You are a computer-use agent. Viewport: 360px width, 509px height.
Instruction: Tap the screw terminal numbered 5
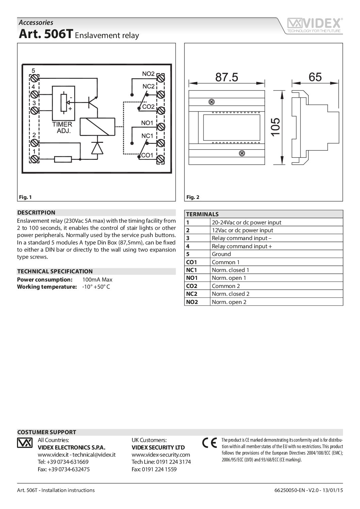coord(34,79)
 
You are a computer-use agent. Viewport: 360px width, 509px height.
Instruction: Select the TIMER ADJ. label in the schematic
coord(62,128)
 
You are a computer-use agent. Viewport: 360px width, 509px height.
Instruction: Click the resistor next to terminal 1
coord(63,159)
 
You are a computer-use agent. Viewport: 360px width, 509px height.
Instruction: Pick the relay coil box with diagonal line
coord(98,126)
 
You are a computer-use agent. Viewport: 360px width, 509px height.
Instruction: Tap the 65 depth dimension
coord(315,77)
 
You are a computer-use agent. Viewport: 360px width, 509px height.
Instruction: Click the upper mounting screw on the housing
coord(211,102)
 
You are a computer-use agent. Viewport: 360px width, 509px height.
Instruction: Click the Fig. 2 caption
coord(193,197)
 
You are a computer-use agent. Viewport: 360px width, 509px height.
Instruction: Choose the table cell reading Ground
coord(221,254)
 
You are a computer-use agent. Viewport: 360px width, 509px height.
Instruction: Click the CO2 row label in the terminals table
coord(192,286)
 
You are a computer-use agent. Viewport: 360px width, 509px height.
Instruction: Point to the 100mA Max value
coord(97,279)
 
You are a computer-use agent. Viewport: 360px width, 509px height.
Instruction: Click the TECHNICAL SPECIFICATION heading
coord(55,271)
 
